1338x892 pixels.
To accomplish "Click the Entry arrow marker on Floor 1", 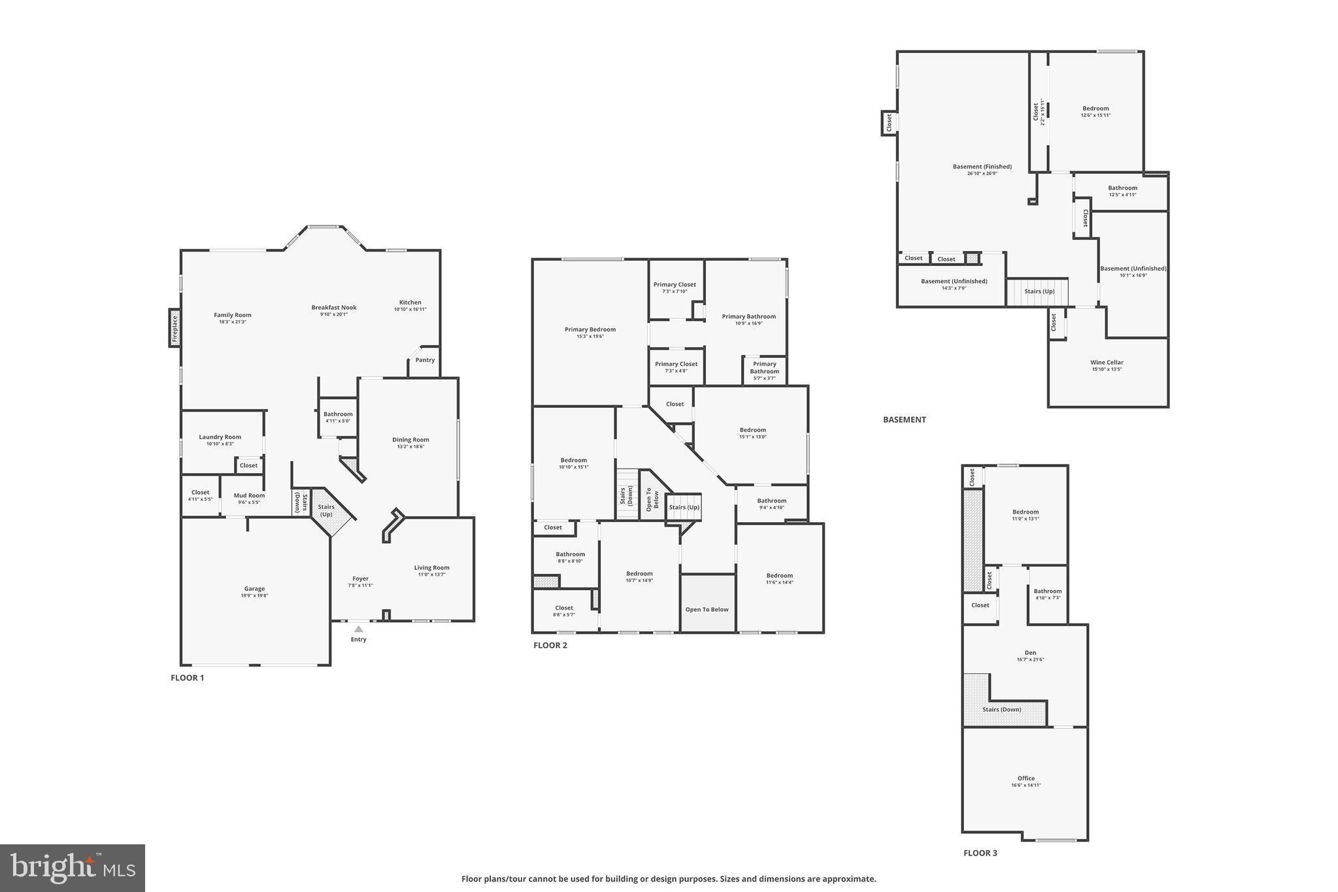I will [358, 629].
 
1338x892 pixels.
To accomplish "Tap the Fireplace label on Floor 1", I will [175, 328].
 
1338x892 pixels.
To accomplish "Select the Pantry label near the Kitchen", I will [425, 360].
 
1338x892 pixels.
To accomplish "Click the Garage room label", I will [254, 589].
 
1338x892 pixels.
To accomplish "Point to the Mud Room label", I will [249, 495].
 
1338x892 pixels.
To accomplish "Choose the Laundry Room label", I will [220, 437].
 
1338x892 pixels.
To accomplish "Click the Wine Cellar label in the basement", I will [1107, 363].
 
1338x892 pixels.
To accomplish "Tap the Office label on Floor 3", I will [1026, 778].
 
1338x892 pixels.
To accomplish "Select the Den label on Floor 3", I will [1030, 653].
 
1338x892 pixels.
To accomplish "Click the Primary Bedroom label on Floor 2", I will [590, 330].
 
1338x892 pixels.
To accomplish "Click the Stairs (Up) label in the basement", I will [1039, 291].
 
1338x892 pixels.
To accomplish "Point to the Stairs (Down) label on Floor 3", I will [1001, 710].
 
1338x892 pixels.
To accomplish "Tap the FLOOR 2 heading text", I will [550, 646].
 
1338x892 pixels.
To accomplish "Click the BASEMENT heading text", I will [904, 420].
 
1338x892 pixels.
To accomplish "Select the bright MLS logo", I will [73, 868].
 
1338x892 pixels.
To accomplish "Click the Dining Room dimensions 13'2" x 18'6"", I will [410, 447].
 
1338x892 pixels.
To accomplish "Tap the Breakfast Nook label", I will [333, 308].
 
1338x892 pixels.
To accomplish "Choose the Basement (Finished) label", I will [982, 167].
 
